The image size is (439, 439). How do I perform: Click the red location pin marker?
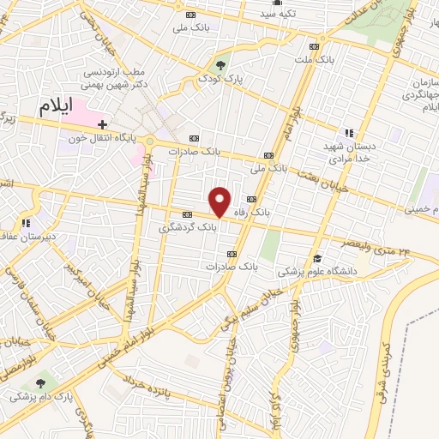point(220,201)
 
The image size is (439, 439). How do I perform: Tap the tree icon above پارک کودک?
point(222,64)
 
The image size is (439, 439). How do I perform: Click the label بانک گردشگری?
point(187,229)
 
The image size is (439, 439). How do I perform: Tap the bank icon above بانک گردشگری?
point(186,214)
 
